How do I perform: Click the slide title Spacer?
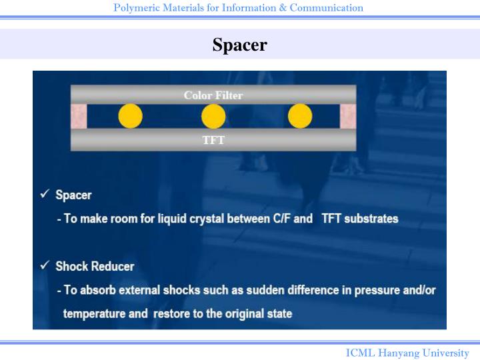[x=239, y=45]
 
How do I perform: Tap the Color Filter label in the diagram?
[x=213, y=95]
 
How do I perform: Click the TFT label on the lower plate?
[x=213, y=140]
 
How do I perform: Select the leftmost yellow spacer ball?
[x=131, y=116]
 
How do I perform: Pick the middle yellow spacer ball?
[x=213, y=116]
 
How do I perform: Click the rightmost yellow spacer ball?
[x=300, y=116]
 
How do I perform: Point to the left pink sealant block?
[x=79, y=117]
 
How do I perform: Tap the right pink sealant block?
[x=348, y=117]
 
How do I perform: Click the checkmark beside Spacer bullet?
[x=44, y=194]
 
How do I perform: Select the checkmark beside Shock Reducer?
[x=44, y=265]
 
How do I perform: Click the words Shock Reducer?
[x=95, y=266]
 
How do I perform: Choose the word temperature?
[x=96, y=313]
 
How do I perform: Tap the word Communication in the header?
[x=326, y=8]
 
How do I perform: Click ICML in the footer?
[x=360, y=353]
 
